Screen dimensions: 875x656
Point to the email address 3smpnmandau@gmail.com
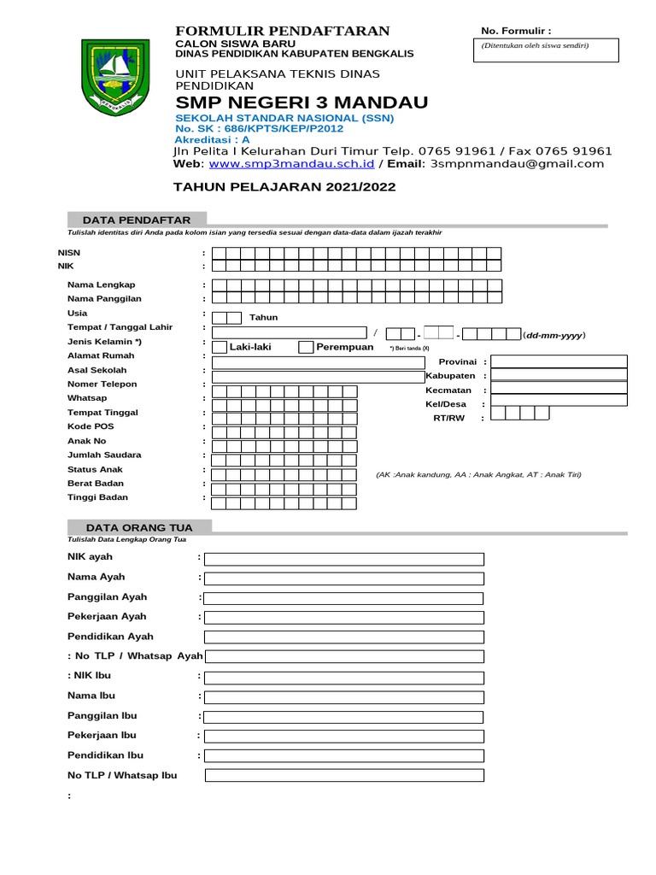point(518,164)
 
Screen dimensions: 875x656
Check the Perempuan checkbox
point(305,347)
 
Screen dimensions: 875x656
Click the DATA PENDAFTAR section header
point(136,220)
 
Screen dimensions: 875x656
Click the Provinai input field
point(559,361)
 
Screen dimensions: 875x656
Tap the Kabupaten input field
point(559,376)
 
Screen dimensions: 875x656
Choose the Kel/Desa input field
point(559,404)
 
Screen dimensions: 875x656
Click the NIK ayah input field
point(343,559)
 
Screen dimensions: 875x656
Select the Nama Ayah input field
point(343,578)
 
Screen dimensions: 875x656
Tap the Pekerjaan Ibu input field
point(343,736)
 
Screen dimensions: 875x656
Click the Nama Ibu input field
point(343,696)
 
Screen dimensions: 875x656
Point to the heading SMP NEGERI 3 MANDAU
point(302,103)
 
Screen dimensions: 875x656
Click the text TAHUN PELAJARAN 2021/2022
point(284,186)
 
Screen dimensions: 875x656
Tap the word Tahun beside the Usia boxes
point(263,318)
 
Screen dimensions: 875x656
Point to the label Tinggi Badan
point(97,497)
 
